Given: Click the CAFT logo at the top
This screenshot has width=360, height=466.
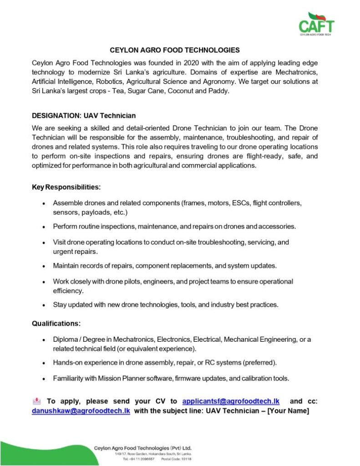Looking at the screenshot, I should tap(316, 24).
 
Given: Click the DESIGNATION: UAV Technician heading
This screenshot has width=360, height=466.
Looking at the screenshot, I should tap(84, 116).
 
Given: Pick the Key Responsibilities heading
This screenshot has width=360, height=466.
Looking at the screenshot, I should tap(66, 187).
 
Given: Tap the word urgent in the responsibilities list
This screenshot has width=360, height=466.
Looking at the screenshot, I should tap(63, 251).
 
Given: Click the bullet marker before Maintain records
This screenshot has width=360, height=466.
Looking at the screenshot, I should tap(43, 266).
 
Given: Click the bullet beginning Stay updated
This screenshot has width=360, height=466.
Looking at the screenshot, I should tap(165, 304).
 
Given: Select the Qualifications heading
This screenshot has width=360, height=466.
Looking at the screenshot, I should tap(56, 324).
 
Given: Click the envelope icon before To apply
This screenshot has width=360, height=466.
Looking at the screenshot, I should tap(37, 401).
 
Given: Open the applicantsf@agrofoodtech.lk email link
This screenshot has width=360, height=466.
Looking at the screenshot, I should tap(230, 401).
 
